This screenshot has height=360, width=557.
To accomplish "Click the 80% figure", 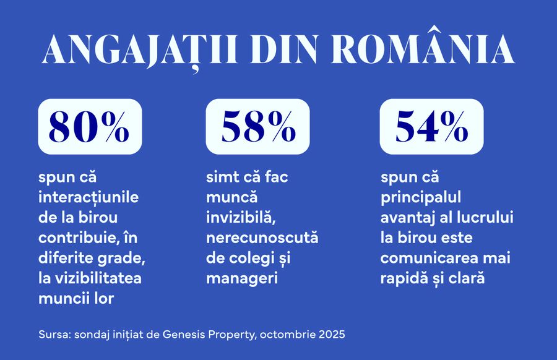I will (90, 127).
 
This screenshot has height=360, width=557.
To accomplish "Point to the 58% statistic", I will (257, 127).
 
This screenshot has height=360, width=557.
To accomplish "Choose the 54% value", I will (431, 127).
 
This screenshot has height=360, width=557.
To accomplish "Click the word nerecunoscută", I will (262, 238).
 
